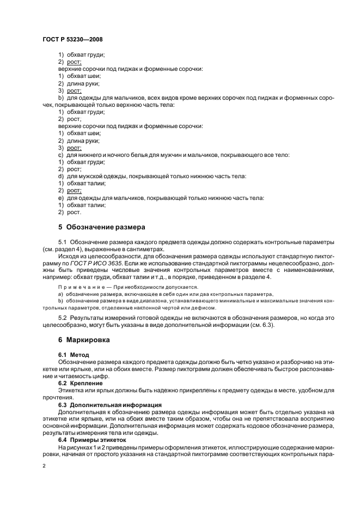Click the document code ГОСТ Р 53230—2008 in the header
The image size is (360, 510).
click(72, 39)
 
